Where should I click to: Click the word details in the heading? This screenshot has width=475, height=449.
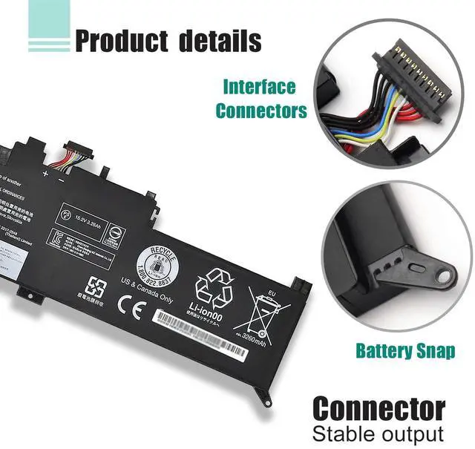pos(220,39)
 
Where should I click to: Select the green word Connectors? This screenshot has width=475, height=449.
pos(261,111)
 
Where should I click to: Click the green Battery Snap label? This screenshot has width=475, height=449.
pos(404,350)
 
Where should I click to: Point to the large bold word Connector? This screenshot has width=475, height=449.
pos(379,408)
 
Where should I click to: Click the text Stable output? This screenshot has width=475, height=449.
pos(378,433)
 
